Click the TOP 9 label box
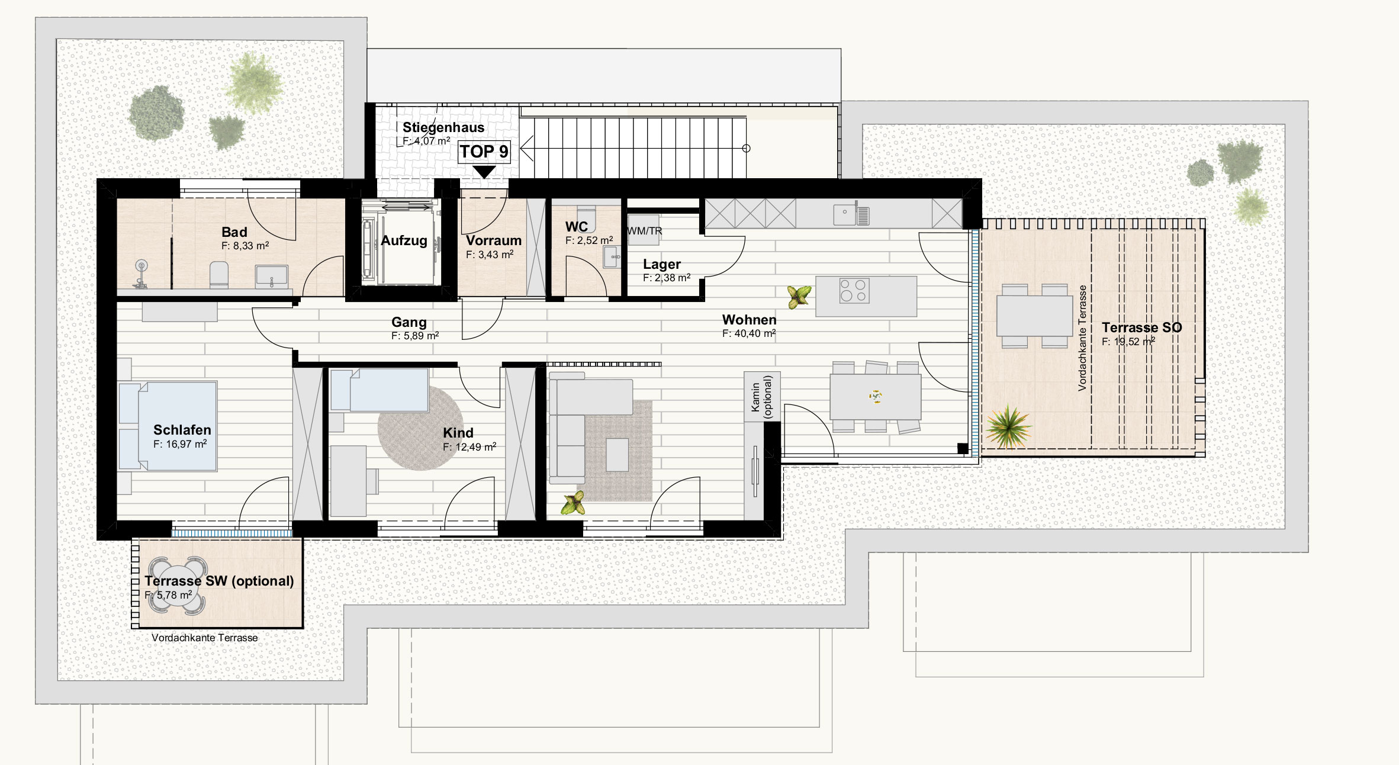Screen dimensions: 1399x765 (484, 152)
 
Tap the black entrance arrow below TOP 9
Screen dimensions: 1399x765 (484, 172)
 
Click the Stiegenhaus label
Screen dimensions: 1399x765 (443, 127)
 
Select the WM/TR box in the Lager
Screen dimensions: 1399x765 (644, 230)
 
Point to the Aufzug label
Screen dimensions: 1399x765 (404, 240)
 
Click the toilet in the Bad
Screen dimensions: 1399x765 (219, 275)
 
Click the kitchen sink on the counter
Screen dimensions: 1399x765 (851, 214)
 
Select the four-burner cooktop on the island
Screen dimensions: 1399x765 (854, 290)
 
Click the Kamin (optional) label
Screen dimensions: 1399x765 (762, 397)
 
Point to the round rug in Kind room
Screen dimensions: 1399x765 (420, 428)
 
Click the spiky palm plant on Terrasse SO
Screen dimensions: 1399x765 (1008, 426)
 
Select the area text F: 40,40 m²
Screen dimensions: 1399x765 (749, 333)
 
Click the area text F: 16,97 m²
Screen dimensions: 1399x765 (180, 444)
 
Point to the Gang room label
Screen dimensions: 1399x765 (409, 322)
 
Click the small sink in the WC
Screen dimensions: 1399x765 (612, 258)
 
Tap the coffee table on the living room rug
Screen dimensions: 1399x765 (617, 454)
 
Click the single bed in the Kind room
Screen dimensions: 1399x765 (380, 390)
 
